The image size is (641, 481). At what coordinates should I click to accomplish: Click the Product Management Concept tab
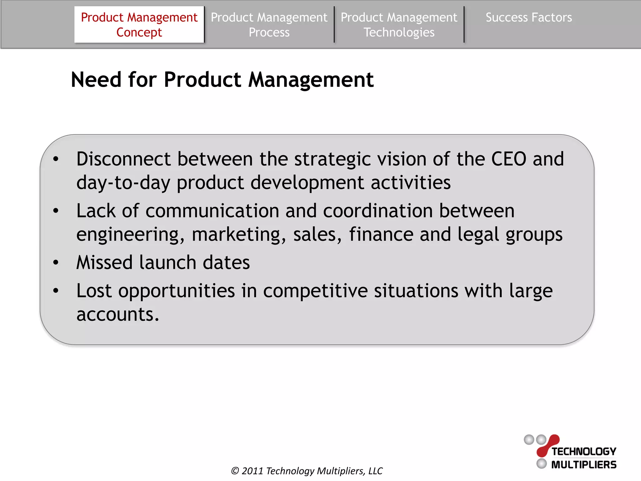(139, 25)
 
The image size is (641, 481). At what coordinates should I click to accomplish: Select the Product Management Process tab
(269, 25)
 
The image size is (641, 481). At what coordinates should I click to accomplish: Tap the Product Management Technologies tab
(399, 25)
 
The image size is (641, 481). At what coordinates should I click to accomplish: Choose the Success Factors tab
(529, 18)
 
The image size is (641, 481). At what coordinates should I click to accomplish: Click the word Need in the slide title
(96, 80)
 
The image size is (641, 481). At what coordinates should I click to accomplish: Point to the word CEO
(509, 159)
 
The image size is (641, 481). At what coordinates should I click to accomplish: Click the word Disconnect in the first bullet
(123, 159)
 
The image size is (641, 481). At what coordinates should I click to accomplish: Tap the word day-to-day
(123, 183)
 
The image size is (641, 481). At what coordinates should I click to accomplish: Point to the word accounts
(118, 314)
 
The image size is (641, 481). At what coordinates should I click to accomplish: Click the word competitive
(315, 291)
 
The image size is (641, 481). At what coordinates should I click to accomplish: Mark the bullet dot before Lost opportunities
(56, 291)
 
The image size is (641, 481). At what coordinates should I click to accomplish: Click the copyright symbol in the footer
(235, 471)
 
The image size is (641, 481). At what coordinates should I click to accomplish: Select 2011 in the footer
(252, 471)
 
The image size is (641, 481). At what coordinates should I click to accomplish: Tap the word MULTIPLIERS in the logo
(584, 465)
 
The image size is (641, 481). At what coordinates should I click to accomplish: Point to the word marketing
(239, 235)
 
